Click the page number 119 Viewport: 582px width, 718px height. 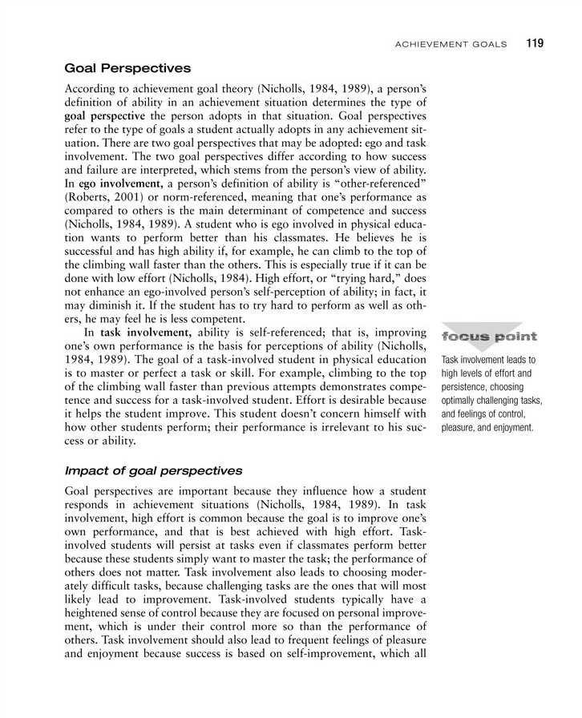(x=536, y=43)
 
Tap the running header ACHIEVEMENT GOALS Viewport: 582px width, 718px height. (x=451, y=44)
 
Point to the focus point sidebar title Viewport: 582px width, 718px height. (x=489, y=336)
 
